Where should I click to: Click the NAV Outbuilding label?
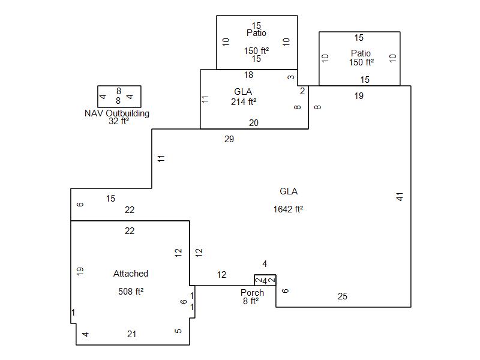117,113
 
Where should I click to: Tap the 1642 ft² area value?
289,209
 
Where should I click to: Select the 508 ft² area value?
131,292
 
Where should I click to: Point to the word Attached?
131,274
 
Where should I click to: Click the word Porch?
252,293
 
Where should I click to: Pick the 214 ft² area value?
244,101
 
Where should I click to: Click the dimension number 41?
400,196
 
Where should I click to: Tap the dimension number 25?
343,296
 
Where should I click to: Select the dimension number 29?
229,139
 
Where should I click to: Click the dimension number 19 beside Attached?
80,271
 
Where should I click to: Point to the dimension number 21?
132,334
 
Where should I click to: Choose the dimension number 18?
248,75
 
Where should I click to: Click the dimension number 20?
254,122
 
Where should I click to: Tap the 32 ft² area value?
119,121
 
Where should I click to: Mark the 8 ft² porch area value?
251,301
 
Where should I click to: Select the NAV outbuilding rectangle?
119,96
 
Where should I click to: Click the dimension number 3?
291,77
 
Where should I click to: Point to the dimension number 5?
178,331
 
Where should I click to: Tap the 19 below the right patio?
359,95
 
